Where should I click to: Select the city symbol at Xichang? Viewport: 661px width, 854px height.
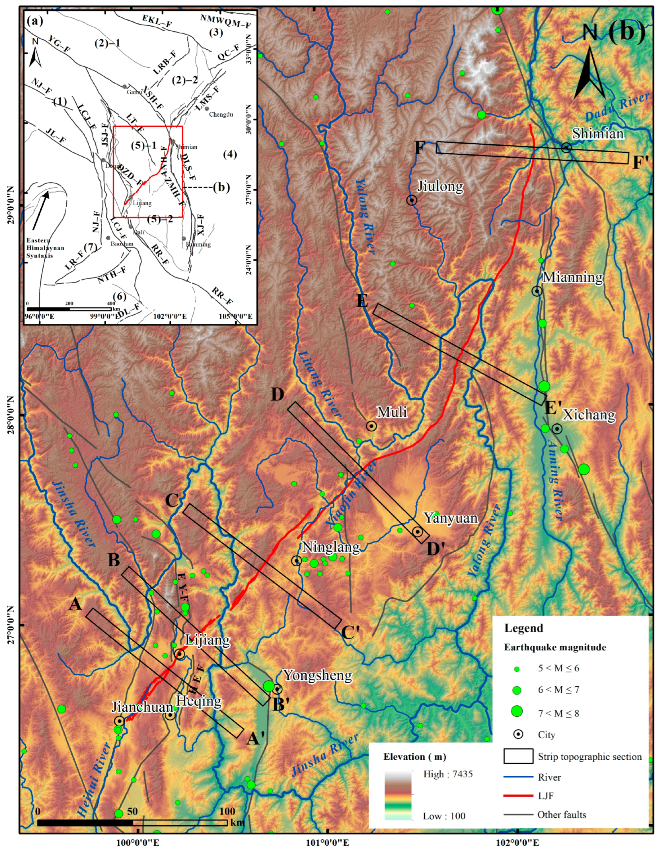(x=557, y=428)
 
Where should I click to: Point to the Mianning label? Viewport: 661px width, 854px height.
(x=573, y=277)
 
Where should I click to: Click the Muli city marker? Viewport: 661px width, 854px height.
(x=371, y=426)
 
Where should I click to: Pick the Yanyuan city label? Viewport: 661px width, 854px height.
(x=451, y=518)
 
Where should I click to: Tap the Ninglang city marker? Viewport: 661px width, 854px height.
(x=296, y=561)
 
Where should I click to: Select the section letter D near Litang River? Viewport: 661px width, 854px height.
(x=277, y=395)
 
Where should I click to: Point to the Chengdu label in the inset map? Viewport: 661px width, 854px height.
(x=221, y=114)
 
